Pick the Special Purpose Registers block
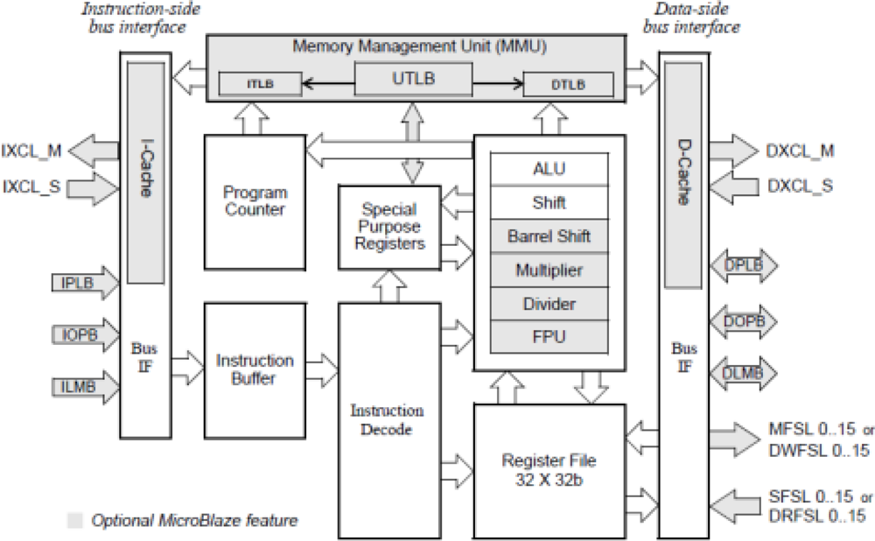(x=389, y=226)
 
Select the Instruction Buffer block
(x=255, y=369)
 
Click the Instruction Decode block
(x=387, y=420)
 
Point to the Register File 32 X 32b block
(x=550, y=469)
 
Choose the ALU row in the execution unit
(x=549, y=168)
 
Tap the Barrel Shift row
(x=549, y=235)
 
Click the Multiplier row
(x=549, y=270)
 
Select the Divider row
(x=549, y=303)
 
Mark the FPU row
(x=549, y=336)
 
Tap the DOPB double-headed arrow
(x=744, y=322)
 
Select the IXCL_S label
(x=32, y=186)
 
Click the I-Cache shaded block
(x=146, y=166)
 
